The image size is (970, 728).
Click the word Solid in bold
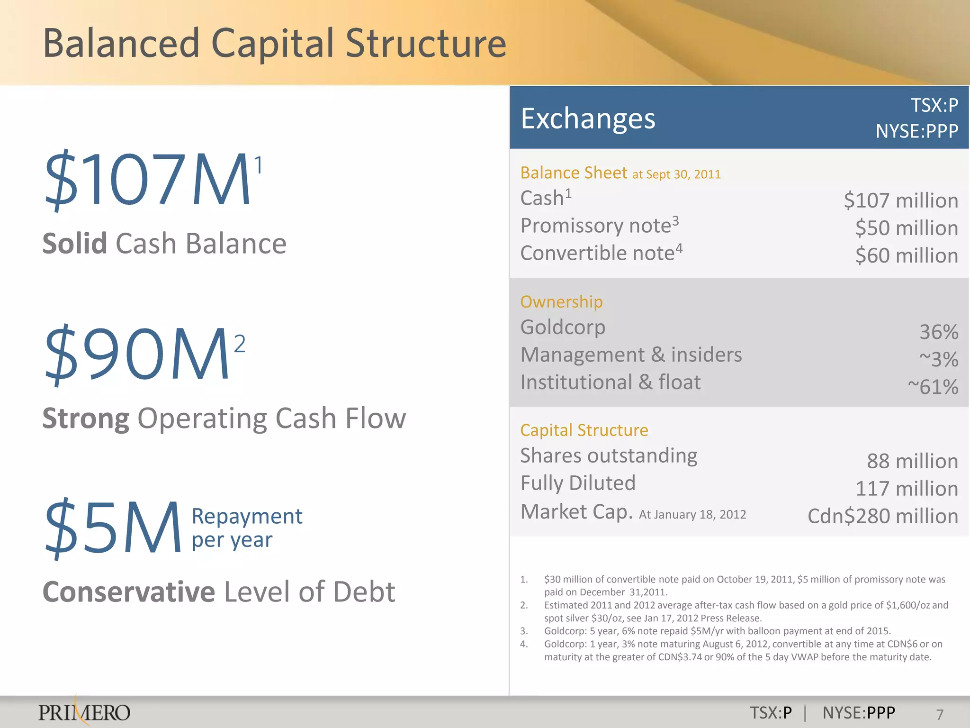[x=75, y=244]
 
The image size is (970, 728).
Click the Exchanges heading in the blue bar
[x=588, y=118]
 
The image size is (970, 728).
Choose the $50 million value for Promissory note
[x=906, y=228]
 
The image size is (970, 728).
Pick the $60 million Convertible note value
[x=906, y=255]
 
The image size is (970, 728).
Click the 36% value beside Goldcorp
[x=938, y=332]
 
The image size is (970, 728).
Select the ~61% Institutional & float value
[x=933, y=387]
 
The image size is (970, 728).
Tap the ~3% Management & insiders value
[x=938, y=359]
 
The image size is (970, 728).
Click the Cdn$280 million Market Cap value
[x=882, y=516]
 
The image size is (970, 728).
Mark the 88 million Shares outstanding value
[x=912, y=461]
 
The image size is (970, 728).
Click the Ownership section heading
[x=561, y=302]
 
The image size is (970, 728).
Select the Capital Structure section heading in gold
[x=584, y=430]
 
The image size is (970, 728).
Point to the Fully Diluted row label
[x=578, y=483]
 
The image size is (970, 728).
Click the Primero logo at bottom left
[x=84, y=712]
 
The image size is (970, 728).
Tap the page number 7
[x=940, y=714]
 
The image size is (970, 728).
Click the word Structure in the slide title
[x=426, y=44]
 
